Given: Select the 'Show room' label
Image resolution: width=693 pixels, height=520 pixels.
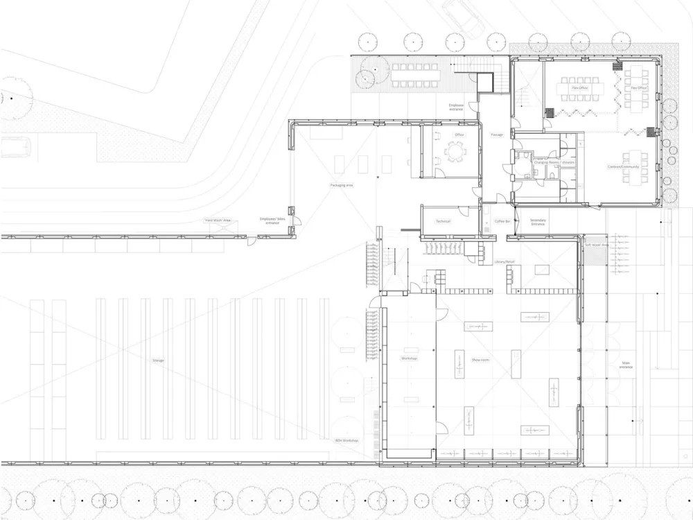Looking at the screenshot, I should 481,361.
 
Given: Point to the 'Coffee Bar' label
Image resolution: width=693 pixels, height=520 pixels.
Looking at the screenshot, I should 502,221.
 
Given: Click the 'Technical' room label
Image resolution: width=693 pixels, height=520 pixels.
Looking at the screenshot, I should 443,221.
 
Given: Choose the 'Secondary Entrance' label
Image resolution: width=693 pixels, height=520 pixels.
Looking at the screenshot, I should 538,222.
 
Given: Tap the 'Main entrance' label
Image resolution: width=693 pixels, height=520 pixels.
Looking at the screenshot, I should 626,364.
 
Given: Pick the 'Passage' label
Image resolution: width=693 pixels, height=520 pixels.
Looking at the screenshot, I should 497,134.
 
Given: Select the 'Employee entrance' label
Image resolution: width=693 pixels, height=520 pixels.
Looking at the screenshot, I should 457,107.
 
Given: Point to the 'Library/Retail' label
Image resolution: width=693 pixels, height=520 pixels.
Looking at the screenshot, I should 504,262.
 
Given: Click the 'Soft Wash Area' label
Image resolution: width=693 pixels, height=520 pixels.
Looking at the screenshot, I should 596,245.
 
